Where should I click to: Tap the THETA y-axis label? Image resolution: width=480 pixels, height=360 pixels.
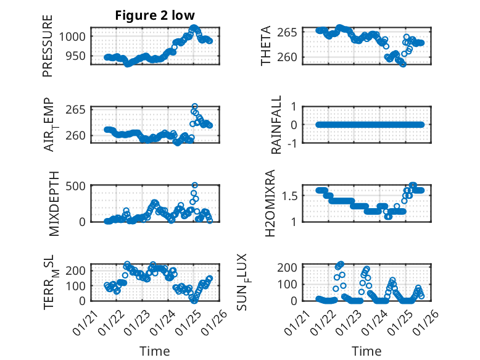point(266,46)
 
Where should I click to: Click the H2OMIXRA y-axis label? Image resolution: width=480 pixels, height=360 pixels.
point(270,203)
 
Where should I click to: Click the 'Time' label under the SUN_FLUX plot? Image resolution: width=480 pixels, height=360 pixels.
point(366,351)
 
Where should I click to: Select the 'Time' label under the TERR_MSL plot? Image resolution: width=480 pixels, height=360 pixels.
point(154,351)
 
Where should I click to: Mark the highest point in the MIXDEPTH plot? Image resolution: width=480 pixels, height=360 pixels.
point(195,185)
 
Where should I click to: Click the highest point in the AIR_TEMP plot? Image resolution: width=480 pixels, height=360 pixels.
point(195,107)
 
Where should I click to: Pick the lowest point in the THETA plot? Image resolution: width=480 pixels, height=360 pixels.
point(403,64)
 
